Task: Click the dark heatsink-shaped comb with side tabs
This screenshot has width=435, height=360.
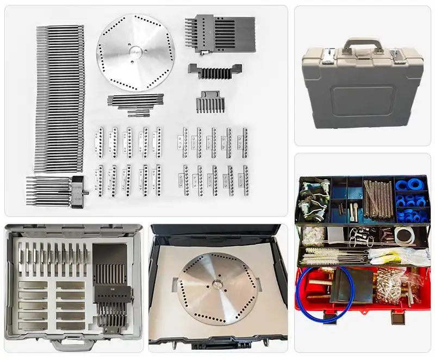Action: click(214, 71)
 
